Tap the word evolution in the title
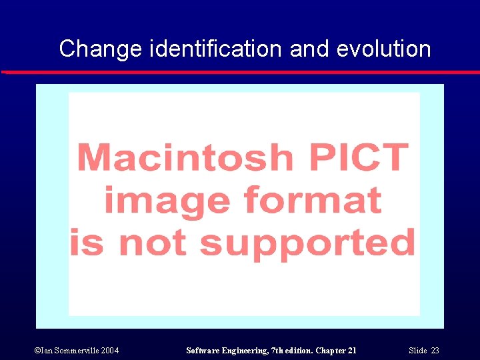point(383,49)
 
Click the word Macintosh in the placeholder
point(185,158)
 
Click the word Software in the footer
point(203,351)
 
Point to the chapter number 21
point(351,351)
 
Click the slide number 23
point(435,351)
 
